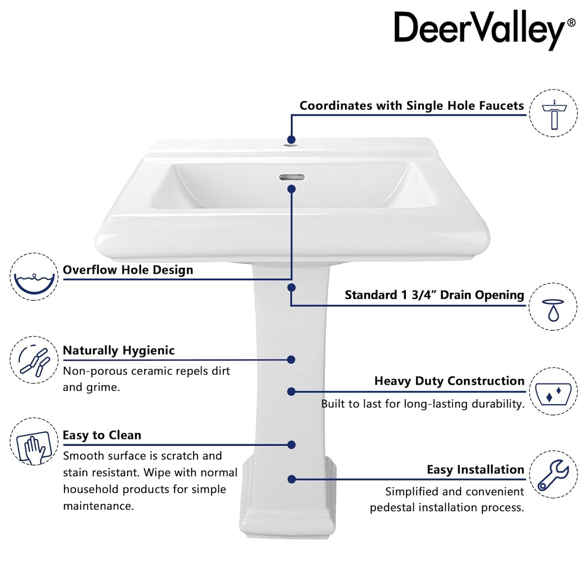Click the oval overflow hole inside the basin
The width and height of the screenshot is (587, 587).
pyautogui.click(x=292, y=177)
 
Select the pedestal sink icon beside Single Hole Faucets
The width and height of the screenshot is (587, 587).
pyautogui.click(x=554, y=113)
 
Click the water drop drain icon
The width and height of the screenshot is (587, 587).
pyautogui.click(x=553, y=306)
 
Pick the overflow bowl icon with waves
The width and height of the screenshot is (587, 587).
pyautogui.click(x=34, y=277)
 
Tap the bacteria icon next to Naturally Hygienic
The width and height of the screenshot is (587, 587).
pyautogui.click(x=34, y=360)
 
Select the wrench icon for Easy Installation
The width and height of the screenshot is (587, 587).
pyautogui.click(x=553, y=474)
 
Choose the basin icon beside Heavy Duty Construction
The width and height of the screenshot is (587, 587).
pyautogui.click(x=553, y=391)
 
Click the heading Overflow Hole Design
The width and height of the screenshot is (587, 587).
pyautogui.click(x=128, y=270)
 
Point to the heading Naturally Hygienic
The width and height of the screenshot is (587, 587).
pyautogui.click(x=119, y=350)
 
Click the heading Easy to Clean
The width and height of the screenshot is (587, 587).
pyautogui.click(x=102, y=435)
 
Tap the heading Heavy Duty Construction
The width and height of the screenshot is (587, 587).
pyautogui.click(x=449, y=381)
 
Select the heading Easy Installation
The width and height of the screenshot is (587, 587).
pyautogui.click(x=475, y=469)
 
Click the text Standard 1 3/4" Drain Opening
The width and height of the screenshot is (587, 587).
pyautogui.click(x=434, y=295)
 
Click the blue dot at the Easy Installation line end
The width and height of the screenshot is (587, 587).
pyautogui.click(x=292, y=479)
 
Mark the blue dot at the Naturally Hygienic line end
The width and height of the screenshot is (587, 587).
pyautogui.click(x=291, y=360)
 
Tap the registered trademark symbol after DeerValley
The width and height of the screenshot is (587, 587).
pyautogui.click(x=571, y=23)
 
